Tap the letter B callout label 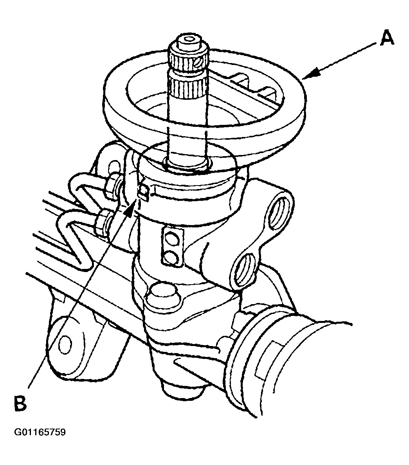(20, 403)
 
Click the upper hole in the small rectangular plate (171, 238)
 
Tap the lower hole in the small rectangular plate (171, 257)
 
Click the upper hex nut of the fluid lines (111, 184)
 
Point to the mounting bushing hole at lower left (65, 344)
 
